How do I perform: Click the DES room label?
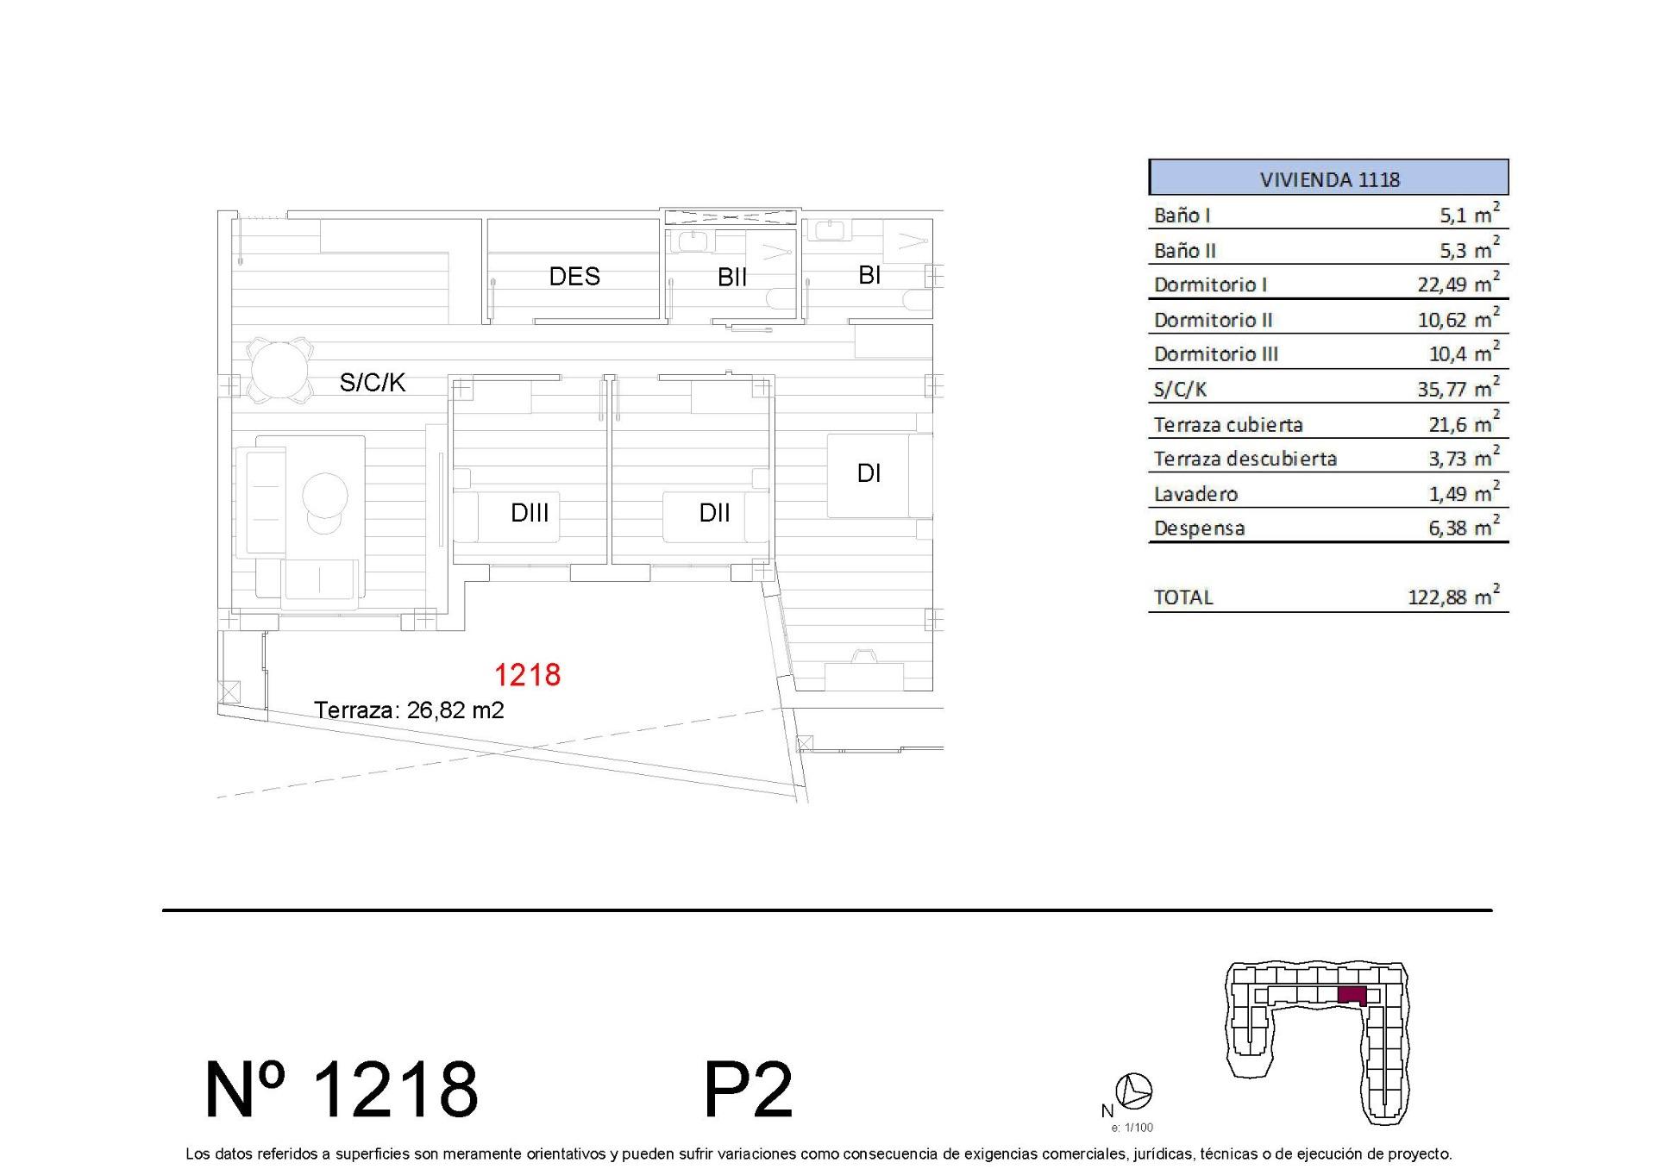pos(574,277)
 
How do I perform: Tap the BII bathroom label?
pos(731,278)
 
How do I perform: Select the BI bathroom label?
pos(869,275)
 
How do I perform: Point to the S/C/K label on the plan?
pos(372,382)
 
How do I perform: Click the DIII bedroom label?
pos(530,513)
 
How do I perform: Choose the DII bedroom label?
pos(714,513)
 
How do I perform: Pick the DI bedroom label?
pos(869,473)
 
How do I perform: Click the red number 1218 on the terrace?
pos(527,674)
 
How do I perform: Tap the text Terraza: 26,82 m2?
pos(409,710)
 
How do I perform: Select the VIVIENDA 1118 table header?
pos(1329,178)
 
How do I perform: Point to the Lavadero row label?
pos(1195,494)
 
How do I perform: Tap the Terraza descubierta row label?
pos(1245,459)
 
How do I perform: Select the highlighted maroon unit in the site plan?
pos(1352,995)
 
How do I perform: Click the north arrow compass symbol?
pos(1134,1091)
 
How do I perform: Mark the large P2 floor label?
pos(748,1091)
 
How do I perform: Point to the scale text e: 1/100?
pos(1132,1128)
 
